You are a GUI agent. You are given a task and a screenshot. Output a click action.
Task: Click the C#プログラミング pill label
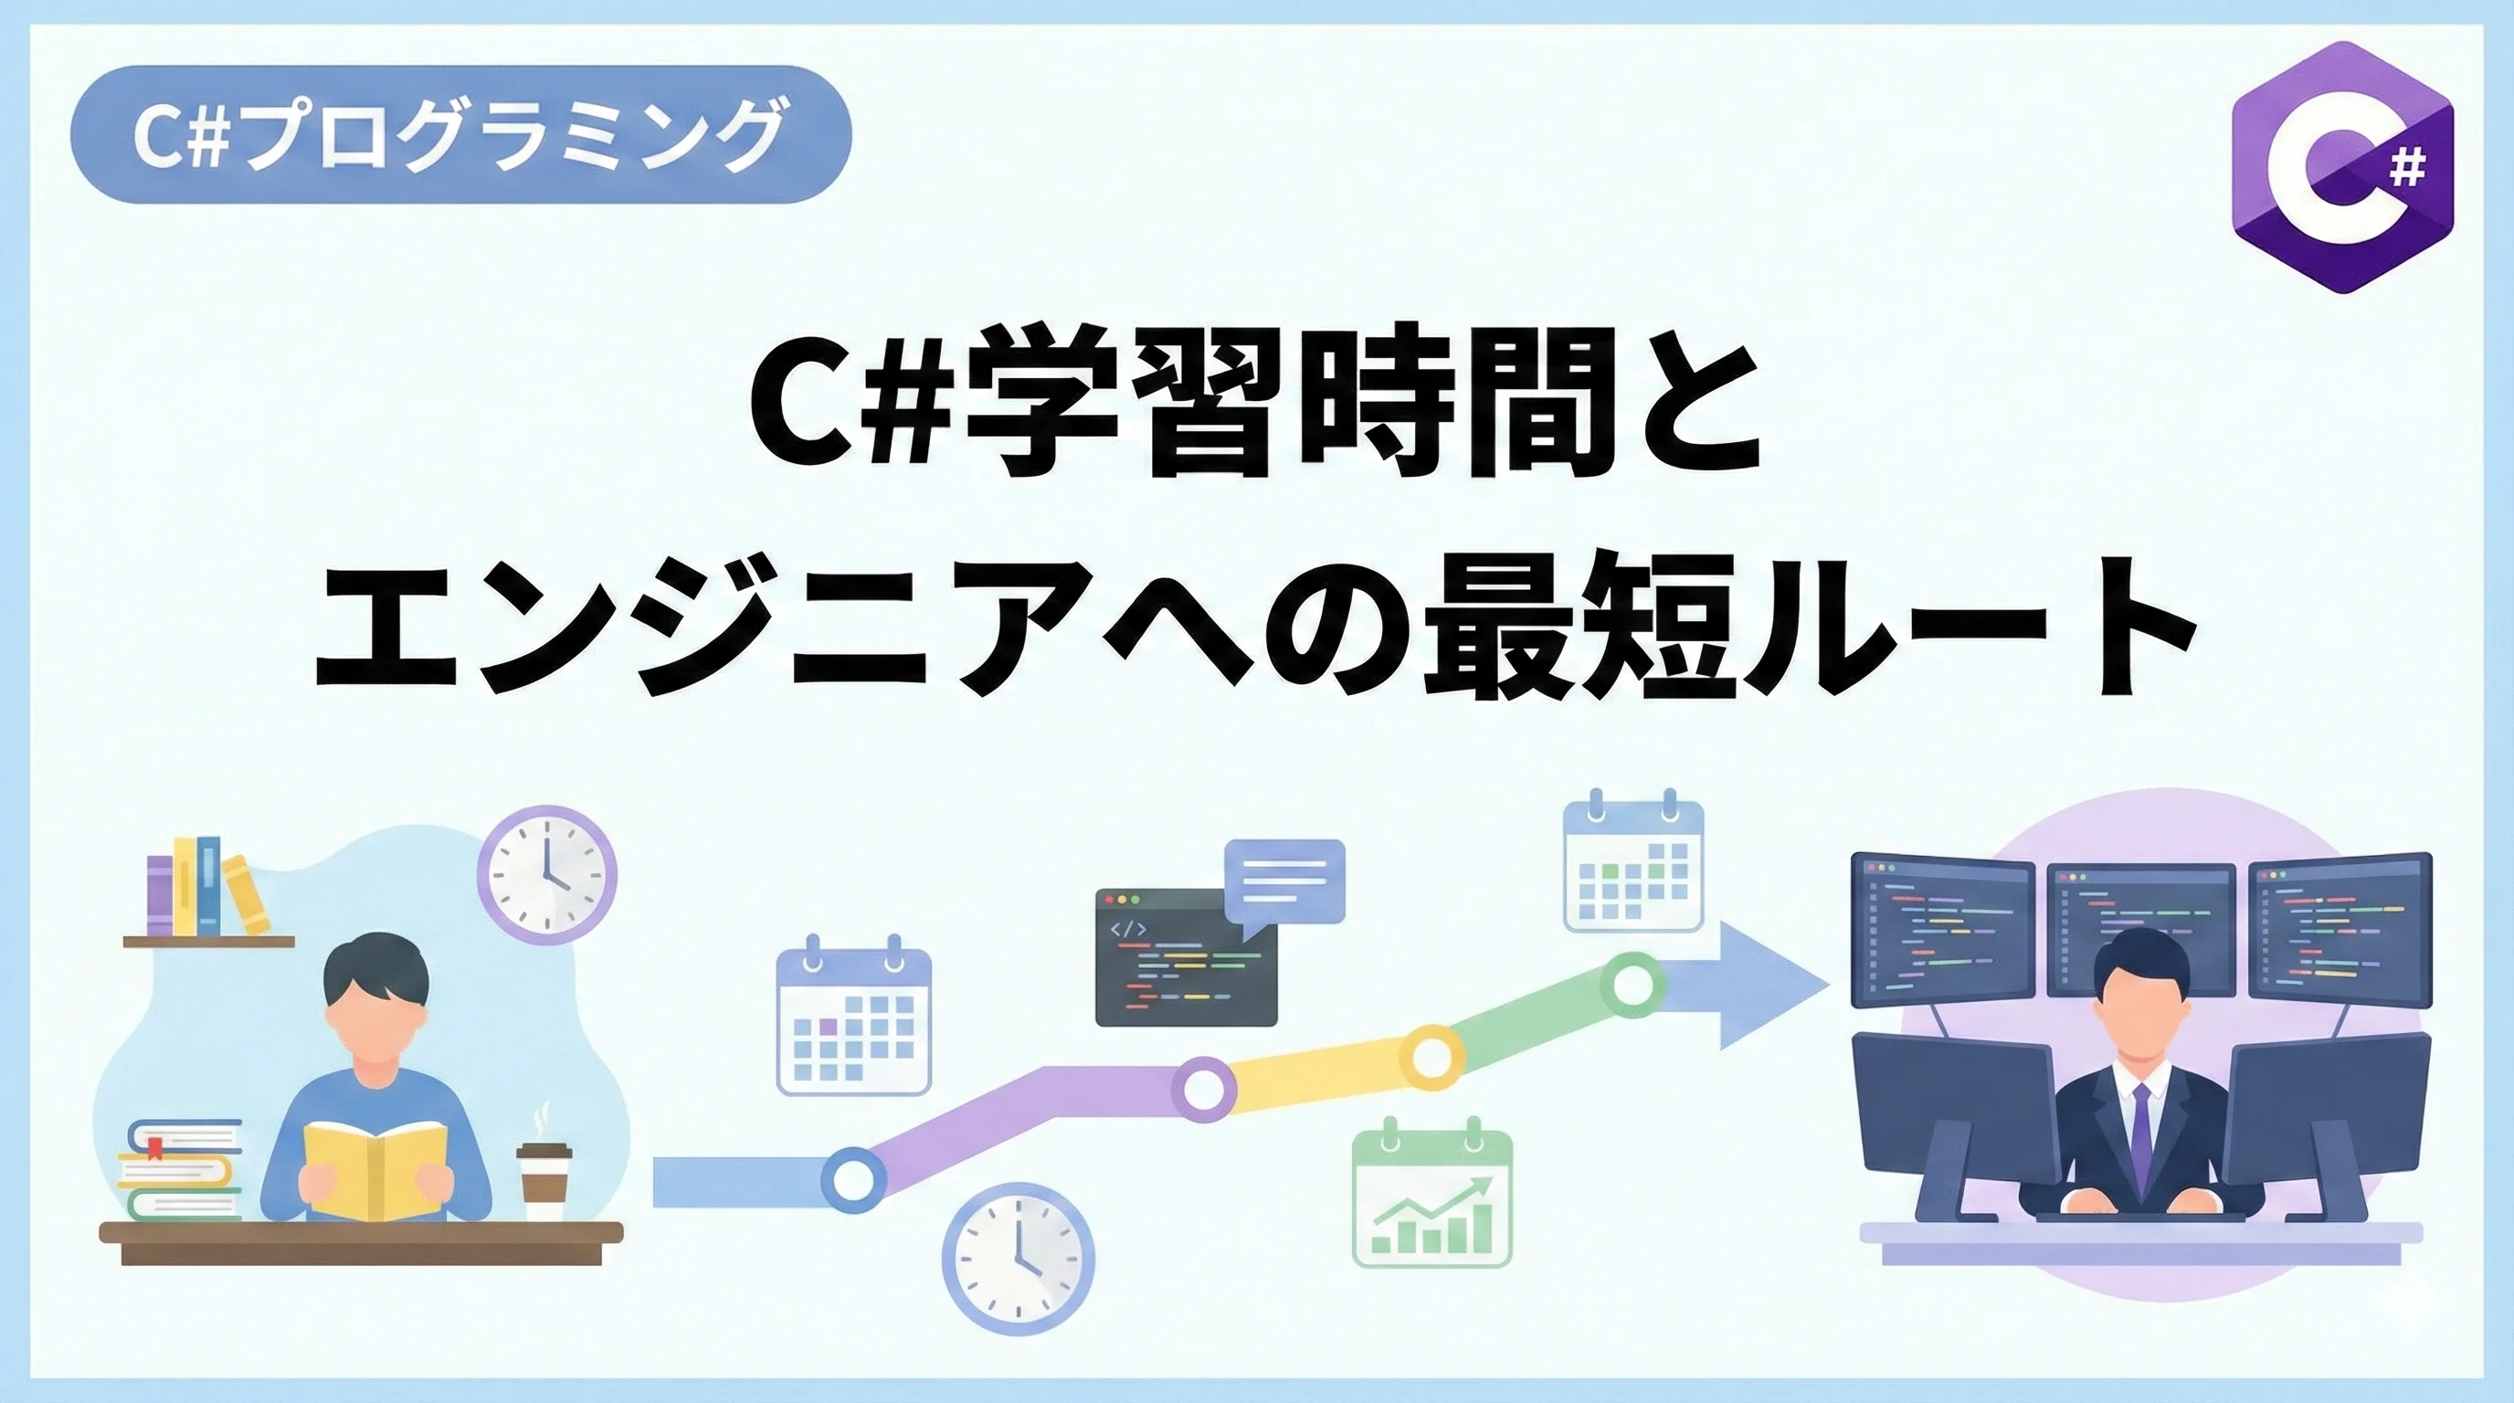pos(460,134)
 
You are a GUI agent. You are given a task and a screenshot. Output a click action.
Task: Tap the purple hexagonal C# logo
pos(2341,167)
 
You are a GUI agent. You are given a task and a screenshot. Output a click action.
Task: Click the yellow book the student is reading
pos(375,1169)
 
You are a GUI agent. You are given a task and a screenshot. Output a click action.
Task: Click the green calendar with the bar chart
pos(1431,1197)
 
